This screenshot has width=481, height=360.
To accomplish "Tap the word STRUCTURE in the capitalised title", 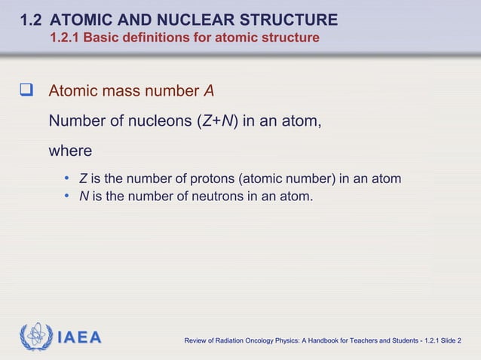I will [x=290, y=19].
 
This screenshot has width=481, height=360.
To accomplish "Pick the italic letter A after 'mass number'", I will [x=209, y=92].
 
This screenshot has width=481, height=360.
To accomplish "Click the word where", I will [x=70, y=151].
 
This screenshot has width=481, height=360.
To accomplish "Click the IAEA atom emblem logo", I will [x=35, y=336].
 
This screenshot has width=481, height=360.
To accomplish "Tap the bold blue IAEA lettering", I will [x=79, y=337].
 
